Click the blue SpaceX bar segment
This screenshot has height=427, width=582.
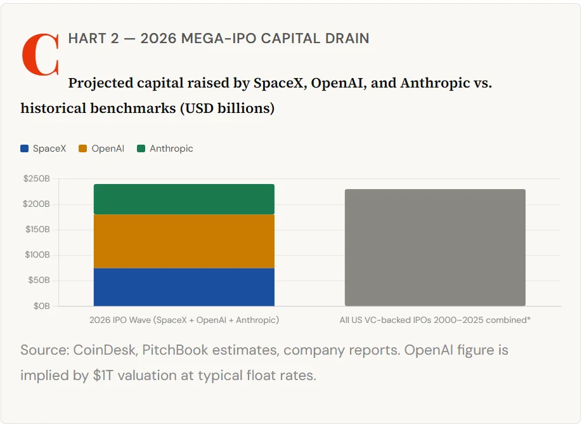click(184, 287)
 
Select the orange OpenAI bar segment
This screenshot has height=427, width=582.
click(184, 241)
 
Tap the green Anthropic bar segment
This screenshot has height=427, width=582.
click(184, 199)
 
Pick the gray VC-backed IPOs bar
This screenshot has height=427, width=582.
click(435, 247)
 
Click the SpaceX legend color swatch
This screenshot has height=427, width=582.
click(25, 148)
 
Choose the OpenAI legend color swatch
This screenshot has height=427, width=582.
click(82, 148)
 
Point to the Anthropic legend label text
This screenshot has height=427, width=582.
click(171, 148)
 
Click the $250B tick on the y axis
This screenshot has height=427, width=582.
click(37, 179)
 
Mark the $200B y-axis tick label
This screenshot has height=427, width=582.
click(37, 204)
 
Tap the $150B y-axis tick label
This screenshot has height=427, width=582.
click(37, 230)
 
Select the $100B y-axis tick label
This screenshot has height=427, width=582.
click(37, 255)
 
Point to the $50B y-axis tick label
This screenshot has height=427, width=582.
click(39, 280)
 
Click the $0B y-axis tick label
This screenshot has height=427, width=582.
click(42, 306)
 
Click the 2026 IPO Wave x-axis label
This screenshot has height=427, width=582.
click(184, 320)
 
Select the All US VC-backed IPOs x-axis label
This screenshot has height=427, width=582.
click(435, 320)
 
